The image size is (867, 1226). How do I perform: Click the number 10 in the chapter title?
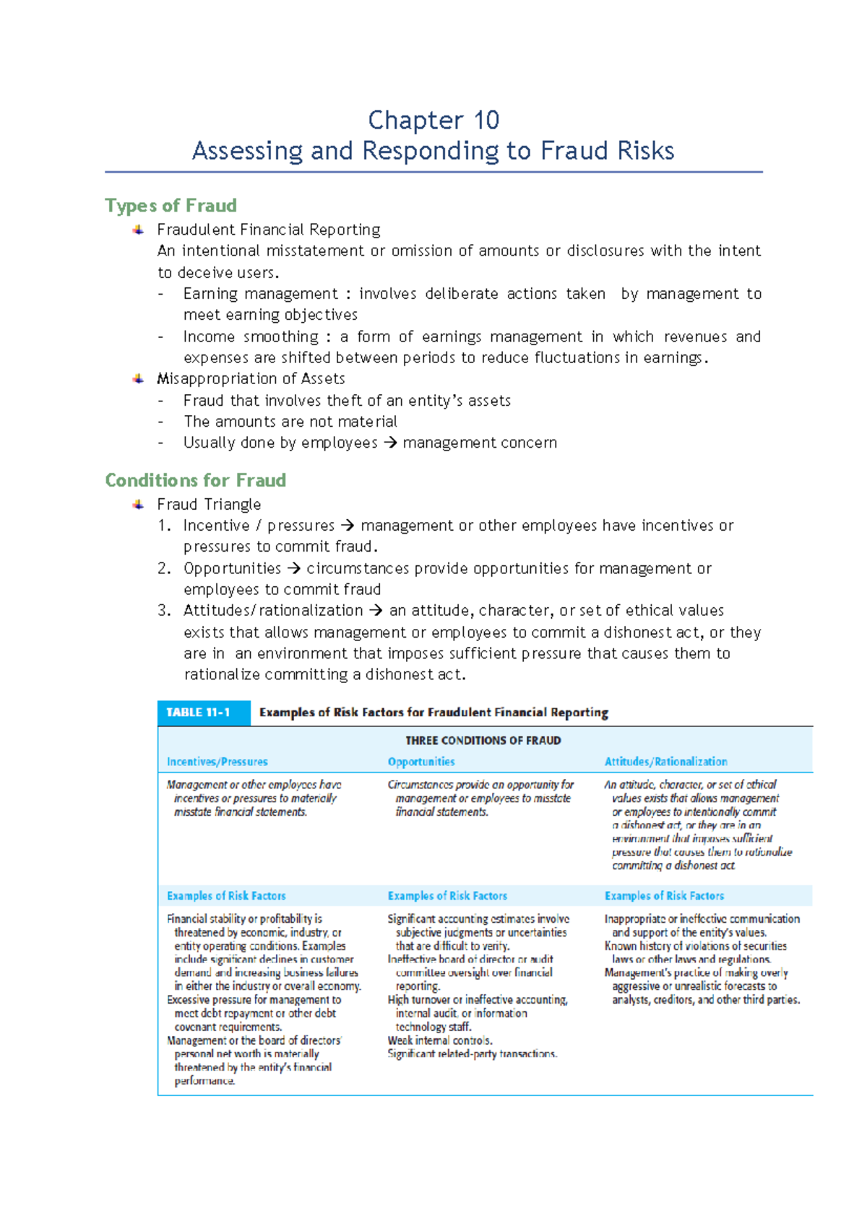pyautogui.click(x=486, y=120)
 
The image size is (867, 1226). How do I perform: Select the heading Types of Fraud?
pyautogui.click(x=171, y=206)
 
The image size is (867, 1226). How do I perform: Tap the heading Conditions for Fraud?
pyautogui.click(x=195, y=480)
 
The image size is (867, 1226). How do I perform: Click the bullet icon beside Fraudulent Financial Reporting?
pyautogui.click(x=138, y=230)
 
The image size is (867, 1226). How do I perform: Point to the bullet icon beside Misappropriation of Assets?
pyautogui.click(x=138, y=379)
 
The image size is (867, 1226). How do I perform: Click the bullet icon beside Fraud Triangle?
pyautogui.click(x=138, y=505)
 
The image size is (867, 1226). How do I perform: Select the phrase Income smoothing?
pyautogui.click(x=250, y=336)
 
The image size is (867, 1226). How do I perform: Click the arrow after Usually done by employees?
pyautogui.click(x=390, y=443)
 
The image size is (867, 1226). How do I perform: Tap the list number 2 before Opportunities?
pyautogui.click(x=163, y=568)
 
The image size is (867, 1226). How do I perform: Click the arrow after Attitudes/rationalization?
pyautogui.click(x=376, y=611)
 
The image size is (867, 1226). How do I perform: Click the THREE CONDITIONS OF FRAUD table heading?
pyautogui.click(x=483, y=740)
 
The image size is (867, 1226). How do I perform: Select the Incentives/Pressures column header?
pyautogui.click(x=217, y=762)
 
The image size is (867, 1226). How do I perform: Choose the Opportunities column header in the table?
pyautogui.click(x=421, y=762)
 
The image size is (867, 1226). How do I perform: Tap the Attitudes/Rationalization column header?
pyautogui.click(x=665, y=762)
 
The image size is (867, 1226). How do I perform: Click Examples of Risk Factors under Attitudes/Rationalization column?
pyautogui.click(x=664, y=896)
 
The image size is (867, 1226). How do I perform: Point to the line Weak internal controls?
pyautogui.click(x=439, y=1040)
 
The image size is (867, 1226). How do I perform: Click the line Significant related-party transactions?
pyautogui.click(x=472, y=1054)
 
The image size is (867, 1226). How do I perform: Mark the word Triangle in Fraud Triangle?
pyautogui.click(x=236, y=505)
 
